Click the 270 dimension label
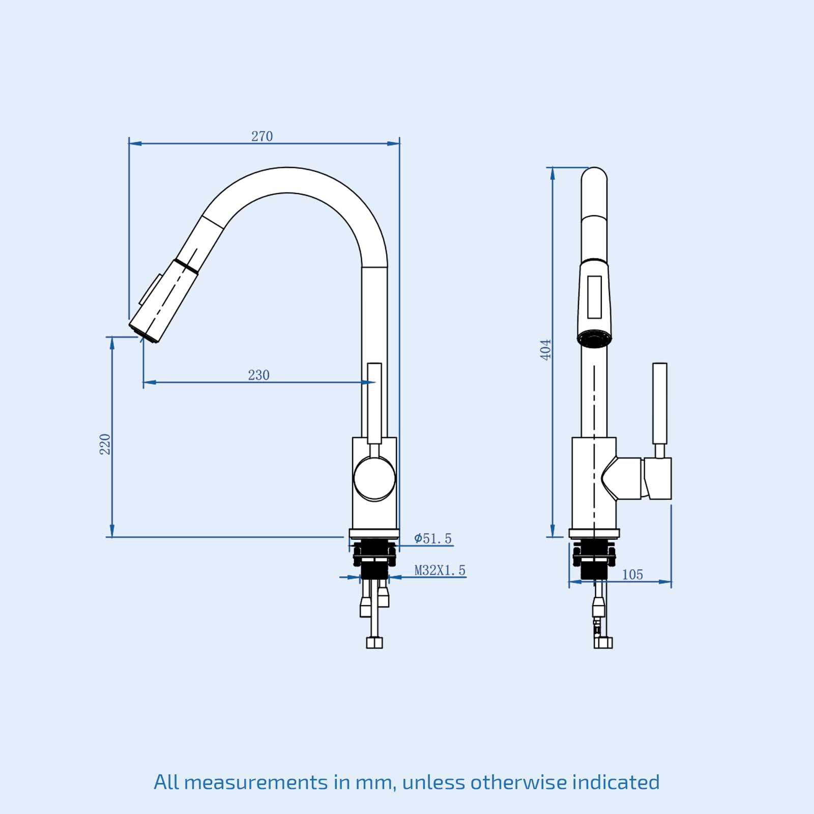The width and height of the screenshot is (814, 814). [x=262, y=136]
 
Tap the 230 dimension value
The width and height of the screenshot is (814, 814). [x=258, y=375]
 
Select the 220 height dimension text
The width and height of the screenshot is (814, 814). [x=105, y=444]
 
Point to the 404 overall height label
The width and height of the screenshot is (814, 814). [x=545, y=350]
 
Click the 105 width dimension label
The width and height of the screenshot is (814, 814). [x=632, y=574]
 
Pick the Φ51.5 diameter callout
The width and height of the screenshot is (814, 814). [x=432, y=538]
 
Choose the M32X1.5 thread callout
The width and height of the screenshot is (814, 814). [x=440, y=570]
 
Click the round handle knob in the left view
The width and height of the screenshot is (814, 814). [x=374, y=478]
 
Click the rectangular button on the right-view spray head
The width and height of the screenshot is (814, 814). [x=594, y=297]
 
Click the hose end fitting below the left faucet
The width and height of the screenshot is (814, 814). [x=374, y=643]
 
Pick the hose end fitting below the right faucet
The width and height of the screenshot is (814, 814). [x=603, y=643]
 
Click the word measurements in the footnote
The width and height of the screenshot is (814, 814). [x=256, y=782]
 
